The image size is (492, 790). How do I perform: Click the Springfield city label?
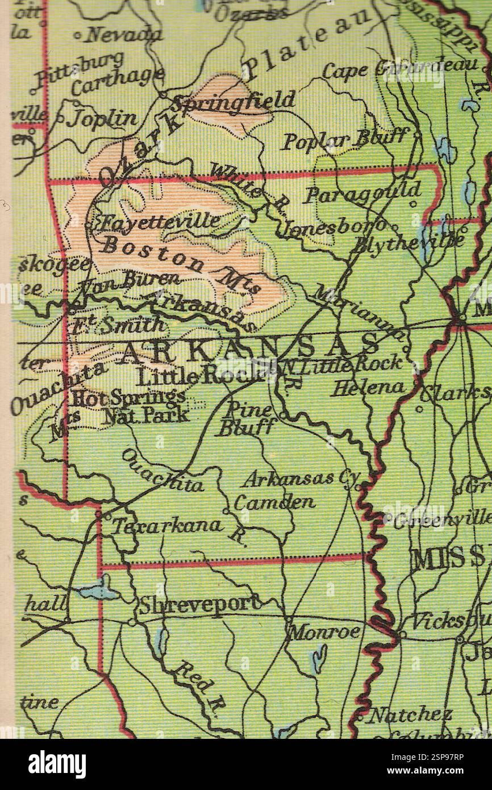click(x=234, y=102)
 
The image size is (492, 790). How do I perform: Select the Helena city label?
click(x=369, y=388)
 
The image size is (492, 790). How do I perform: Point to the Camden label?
click(x=274, y=502)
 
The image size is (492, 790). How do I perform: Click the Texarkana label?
click(x=166, y=525)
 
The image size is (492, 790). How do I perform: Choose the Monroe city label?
click(x=324, y=631)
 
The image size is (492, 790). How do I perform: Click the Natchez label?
click(x=410, y=715)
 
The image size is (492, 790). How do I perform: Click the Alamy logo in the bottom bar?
click(x=57, y=764)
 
